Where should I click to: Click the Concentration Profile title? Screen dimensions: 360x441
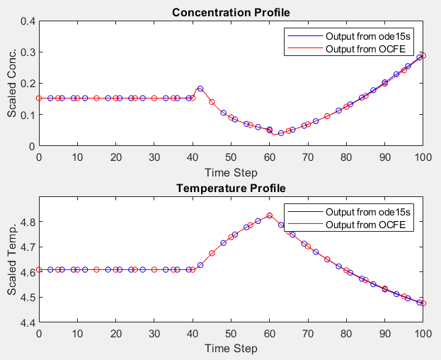(x=231, y=12)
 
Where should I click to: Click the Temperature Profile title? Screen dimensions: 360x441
(x=231, y=189)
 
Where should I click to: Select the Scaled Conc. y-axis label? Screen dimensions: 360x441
(x=12, y=83)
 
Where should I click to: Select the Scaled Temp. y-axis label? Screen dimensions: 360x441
(x=12, y=259)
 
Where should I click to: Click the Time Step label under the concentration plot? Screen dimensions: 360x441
(x=231, y=172)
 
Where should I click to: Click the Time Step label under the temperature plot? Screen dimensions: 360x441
(x=231, y=349)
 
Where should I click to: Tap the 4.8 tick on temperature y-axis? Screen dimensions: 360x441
(x=28, y=222)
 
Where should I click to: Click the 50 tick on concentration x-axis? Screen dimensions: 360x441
(x=231, y=157)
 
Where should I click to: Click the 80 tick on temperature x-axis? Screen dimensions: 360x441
(x=346, y=333)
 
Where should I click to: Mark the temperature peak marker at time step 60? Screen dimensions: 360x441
(x=270, y=215)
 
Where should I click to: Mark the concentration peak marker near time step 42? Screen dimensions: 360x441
(x=200, y=89)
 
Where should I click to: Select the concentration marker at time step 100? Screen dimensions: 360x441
(x=423, y=55)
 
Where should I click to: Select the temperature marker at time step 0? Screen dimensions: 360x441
(x=39, y=269)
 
